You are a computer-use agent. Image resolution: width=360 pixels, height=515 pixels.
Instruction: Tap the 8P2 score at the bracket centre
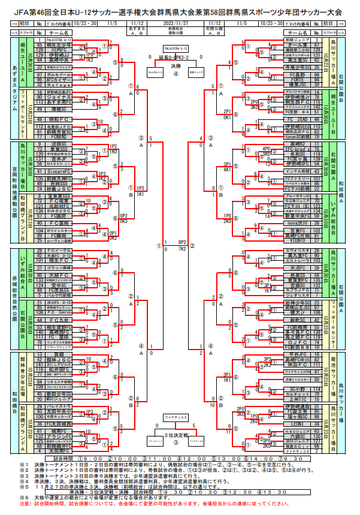pyautogui.click(x=183, y=242)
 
